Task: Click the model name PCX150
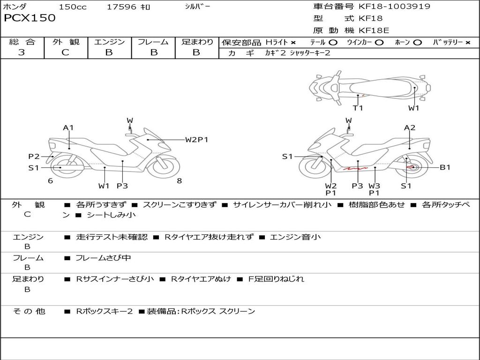click(30, 18)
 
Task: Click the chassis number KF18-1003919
click(394, 7)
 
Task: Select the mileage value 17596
click(121, 7)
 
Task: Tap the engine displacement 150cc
click(73, 7)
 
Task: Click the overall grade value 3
click(22, 52)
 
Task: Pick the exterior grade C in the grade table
click(65, 52)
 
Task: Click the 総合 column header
click(22, 42)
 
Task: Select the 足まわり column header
click(197, 42)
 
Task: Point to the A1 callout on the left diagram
click(68, 127)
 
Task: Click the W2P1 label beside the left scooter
click(196, 139)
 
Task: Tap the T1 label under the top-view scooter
click(358, 108)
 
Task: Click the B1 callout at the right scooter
click(444, 167)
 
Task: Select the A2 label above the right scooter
click(410, 127)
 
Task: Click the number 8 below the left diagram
click(179, 181)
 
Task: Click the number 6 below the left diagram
click(50, 181)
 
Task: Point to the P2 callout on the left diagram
click(34, 157)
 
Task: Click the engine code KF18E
click(374, 30)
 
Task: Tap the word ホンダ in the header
click(15, 7)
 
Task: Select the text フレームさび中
click(103, 258)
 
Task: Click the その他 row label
click(29, 311)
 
